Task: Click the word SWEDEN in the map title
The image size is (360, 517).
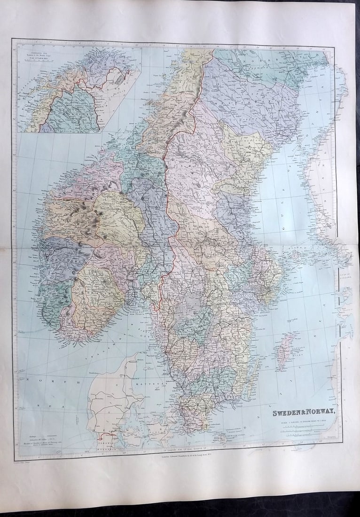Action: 288,413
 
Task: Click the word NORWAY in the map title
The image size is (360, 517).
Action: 320,413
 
